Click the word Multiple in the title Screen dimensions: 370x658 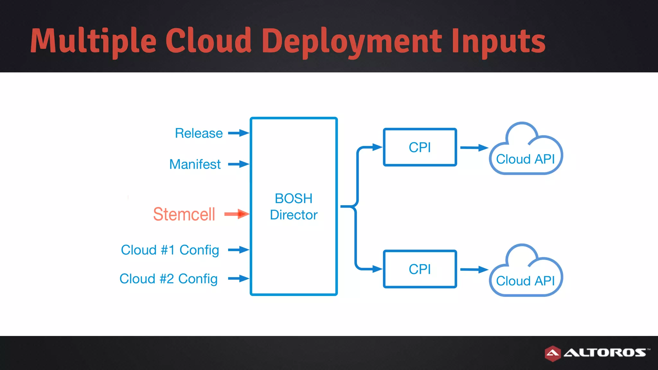point(93,41)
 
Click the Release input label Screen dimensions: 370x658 point(199,133)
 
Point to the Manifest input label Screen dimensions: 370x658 point(195,164)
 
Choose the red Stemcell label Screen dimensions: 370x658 point(184,214)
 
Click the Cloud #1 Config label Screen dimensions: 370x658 point(170,250)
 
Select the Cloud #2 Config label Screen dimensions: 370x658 point(169,279)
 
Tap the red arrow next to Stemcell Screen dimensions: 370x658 point(237,214)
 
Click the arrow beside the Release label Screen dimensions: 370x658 point(238,133)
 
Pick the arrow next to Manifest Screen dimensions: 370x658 point(238,164)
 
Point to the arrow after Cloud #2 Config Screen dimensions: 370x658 point(238,278)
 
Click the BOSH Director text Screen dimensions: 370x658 point(294,207)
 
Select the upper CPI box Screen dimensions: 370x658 point(420,147)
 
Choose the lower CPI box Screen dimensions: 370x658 point(420,269)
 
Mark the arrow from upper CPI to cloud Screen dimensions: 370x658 point(474,148)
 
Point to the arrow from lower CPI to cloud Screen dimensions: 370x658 point(474,269)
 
